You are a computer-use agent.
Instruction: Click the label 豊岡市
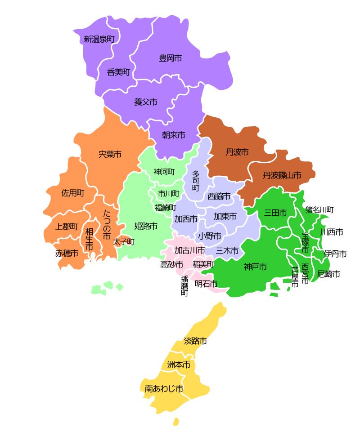(x=170, y=58)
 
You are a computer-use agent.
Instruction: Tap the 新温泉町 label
(x=99, y=39)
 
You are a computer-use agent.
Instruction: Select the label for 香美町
(x=118, y=72)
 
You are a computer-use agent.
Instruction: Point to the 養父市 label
(x=145, y=102)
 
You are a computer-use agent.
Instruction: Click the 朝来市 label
(x=173, y=135)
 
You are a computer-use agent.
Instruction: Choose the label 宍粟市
(x=110, y=154)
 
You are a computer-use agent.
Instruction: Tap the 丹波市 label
(x=237, y=152)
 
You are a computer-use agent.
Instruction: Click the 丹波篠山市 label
(x=282, y=175)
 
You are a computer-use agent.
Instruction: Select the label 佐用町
(x=72, y=193)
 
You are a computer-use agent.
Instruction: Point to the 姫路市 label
(x=146, y=226)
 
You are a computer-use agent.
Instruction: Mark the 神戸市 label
(x=255, y=267)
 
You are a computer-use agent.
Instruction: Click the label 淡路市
(x=195, y=341)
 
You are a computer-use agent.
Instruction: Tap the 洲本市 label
(x=178, y=365)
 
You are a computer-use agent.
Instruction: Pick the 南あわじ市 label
(x=164, y=388)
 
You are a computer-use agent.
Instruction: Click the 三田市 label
(x=275, y=213)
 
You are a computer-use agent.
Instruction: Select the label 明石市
(x=206, y=284)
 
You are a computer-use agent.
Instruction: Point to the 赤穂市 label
(x=67, y=254)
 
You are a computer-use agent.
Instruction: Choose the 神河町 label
(x=164, y=172)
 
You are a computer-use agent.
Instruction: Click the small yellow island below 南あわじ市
(x=176, y=422)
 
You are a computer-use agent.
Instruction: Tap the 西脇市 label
(x=219, y=196)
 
